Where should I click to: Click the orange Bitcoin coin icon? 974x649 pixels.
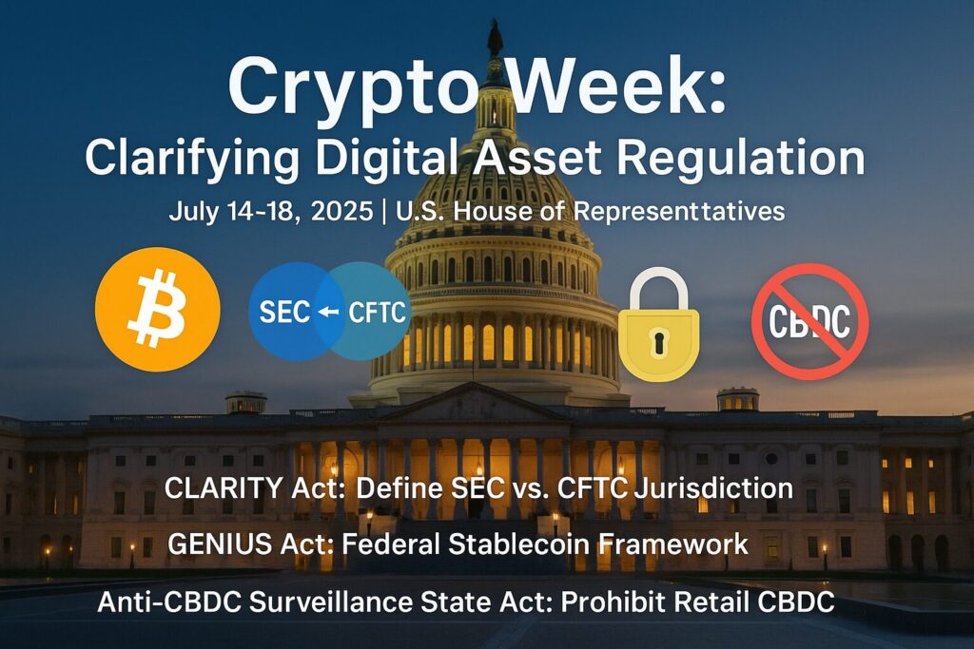(x=157, y=309)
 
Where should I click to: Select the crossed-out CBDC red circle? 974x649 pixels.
(x=810, y=321)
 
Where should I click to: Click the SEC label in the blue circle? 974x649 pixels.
(x=284, y=312)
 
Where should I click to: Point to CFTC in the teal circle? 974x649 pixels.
(x=378, y=312)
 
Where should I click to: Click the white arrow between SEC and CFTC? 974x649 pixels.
(x=328, y=312)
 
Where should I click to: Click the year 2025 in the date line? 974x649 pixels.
(x=341, y=212)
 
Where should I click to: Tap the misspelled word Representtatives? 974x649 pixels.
(x=679, y=212)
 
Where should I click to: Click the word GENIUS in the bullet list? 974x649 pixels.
(x=220, y=544)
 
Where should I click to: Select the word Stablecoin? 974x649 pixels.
(x=518, y=544)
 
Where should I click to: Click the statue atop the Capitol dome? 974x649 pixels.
(x=495, y=38)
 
